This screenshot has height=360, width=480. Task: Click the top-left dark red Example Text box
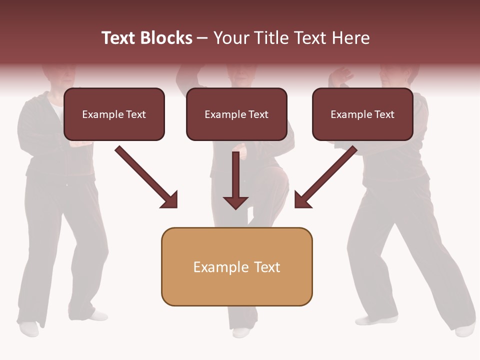pyautogui.click(x=114, y=114)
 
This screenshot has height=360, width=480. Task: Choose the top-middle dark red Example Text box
pyautogui.click(x=236, y=114)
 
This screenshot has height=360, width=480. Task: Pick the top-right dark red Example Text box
pyautogui.click(x=362, y=114)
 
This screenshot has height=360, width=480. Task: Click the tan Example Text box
pyautogui.click(x=236, y=266)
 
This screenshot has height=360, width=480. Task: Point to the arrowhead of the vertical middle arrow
pyautogui.click(x=235, y=202)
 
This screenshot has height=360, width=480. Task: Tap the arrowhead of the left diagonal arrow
pyautogui.click(x=170, y=200)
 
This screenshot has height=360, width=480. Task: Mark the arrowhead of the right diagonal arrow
pyautogui.click(x=301, y=200)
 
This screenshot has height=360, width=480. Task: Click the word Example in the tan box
pyautogui.click(x=214, y=267)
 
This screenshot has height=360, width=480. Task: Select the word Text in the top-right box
pyautogui.click(x=384, y=114)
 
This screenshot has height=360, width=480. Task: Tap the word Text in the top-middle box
pyautogui.click(x=258, y=114)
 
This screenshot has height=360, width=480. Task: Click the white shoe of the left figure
pyautogui.click(x=29, y=328)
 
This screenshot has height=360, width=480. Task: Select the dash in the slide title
pyautogui.click(x=202, y=38)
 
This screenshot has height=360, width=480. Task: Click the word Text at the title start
pyautogui.click(x=118, y=38)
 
